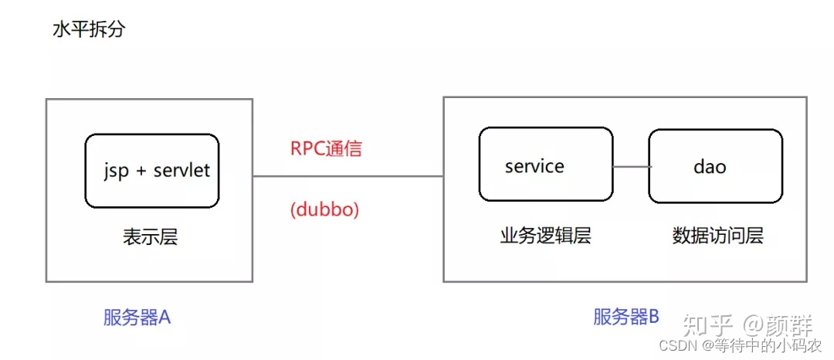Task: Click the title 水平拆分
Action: click(87, 30)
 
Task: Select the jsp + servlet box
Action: click(152, 171)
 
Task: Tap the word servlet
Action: click(181, 171)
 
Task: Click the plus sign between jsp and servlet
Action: click(141, 172)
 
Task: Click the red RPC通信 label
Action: click(326, 149)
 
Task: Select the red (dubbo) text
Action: click(325, 209)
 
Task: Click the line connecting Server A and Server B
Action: click(347, 176)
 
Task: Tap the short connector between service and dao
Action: click(631, 166)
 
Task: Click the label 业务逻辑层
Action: click(545, 236)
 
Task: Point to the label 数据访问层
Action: click(717, 236)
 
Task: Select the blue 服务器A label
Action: click(137, 318)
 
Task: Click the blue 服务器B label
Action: click(626, 317)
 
